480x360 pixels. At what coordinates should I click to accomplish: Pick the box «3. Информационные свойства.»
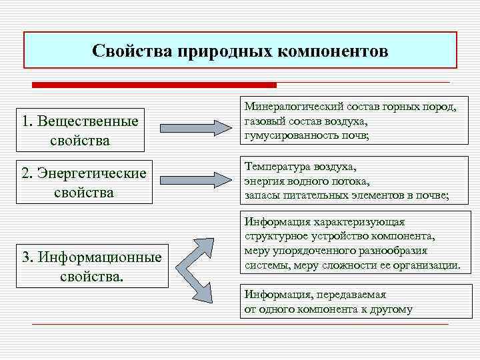(92, 265)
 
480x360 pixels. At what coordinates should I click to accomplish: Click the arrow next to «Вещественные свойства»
(197, 127)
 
